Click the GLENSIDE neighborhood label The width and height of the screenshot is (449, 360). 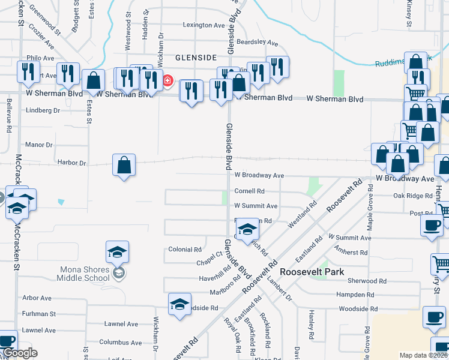click(195, 57)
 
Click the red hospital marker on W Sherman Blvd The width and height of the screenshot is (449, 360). click(168, 81)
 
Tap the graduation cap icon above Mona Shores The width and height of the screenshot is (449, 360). click(118, 251)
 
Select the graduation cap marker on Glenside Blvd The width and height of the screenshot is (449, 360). click(247, 229)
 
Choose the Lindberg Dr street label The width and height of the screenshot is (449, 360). click(43, 110)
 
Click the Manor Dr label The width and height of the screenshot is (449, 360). click(39, 145)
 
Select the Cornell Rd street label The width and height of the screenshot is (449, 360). click(249, 191)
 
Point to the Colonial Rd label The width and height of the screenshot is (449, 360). click(184, 249)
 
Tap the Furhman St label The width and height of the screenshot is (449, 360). click(39, 314)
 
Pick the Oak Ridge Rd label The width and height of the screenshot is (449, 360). click(413, 196)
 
